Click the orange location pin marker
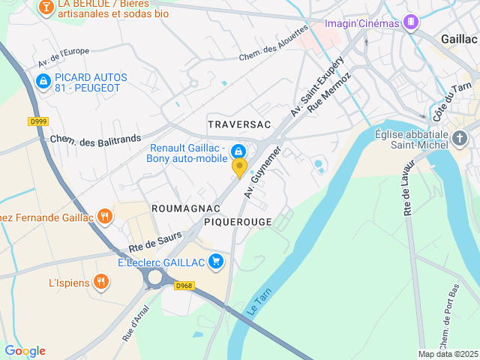tap(239, 167)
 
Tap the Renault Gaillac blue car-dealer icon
tap(238, 151)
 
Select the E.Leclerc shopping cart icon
tap(216, 261)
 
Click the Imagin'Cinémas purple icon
tap(409, 22)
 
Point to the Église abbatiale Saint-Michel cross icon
tap(460, 138)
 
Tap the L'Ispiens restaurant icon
tap(101, 282)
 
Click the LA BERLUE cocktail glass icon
tap(46, 7)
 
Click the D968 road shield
tap(184, 286)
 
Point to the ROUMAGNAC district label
tap(186, 208)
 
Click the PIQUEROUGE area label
tap(238, 222)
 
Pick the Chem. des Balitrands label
tap(95, 140)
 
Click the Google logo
tap(25, 351)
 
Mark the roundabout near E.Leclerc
tap(156, 277)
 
